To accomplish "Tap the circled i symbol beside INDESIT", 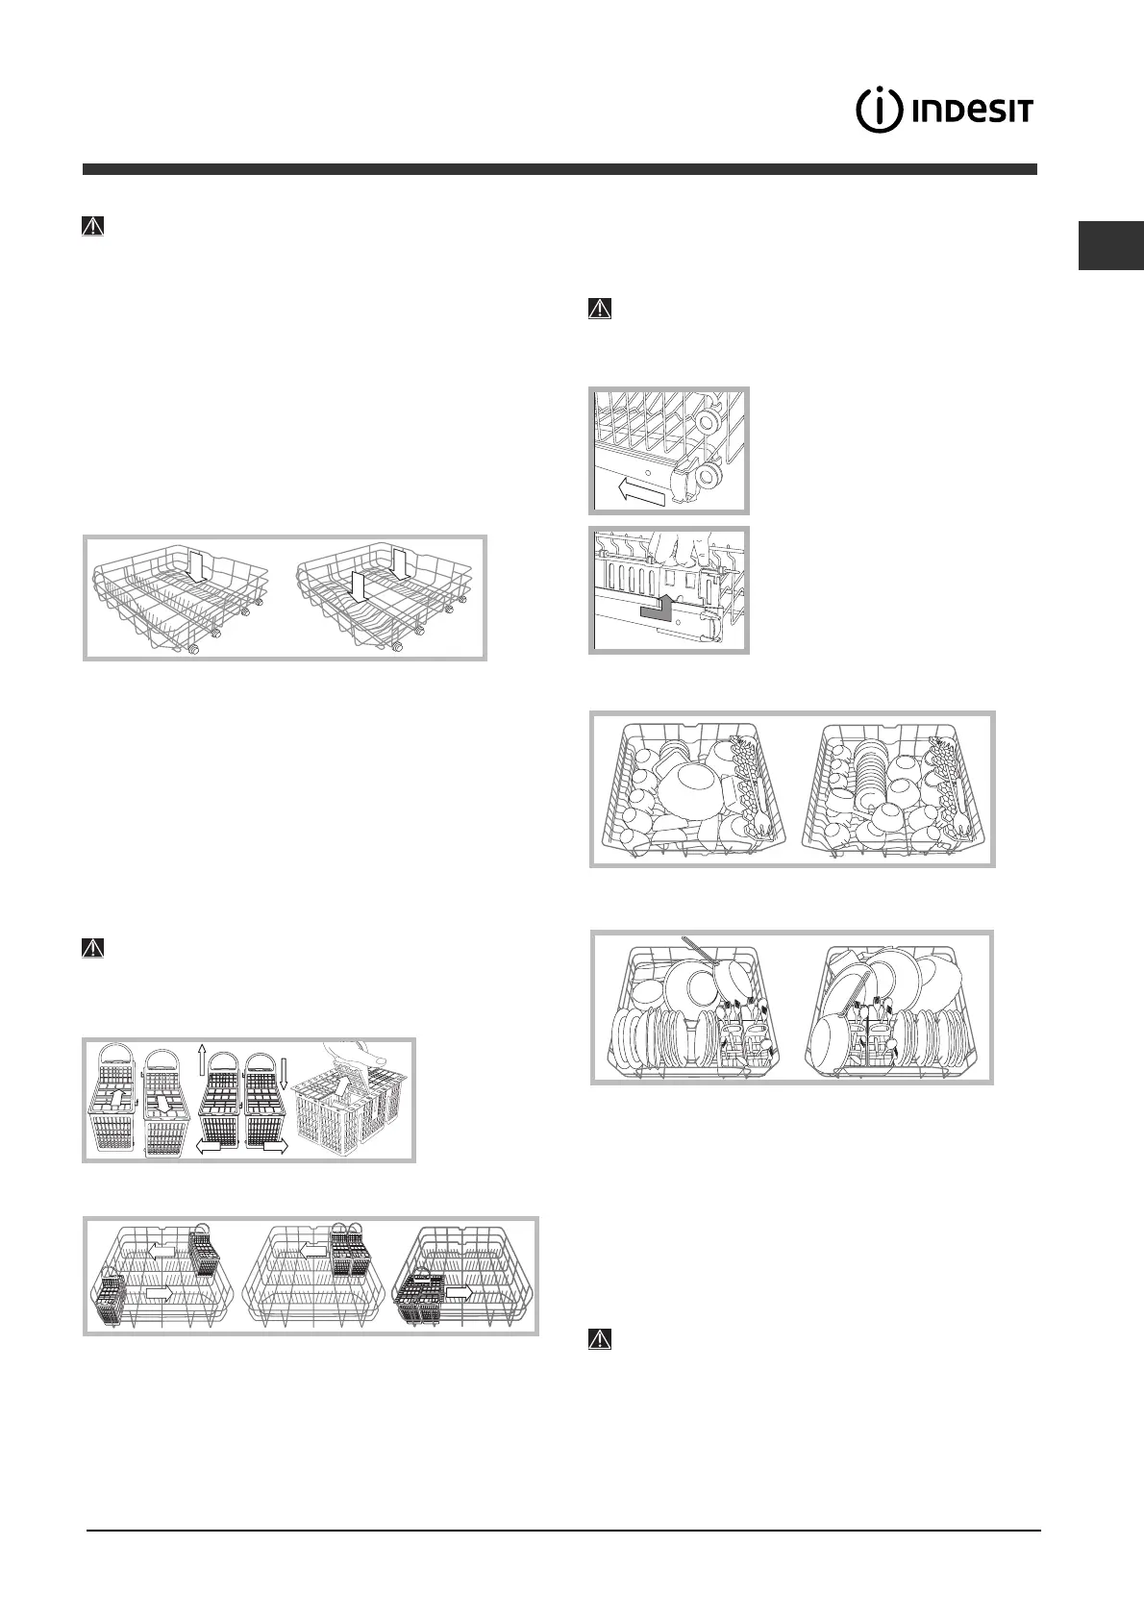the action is click(879, 112).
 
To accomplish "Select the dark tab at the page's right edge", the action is click(1111, 246).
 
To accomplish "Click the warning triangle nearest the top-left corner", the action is click(92, 227).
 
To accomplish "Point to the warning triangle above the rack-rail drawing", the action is click(599, 309).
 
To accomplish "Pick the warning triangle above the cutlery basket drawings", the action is click(92, 947).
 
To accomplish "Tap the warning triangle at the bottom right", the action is click(599, 1338).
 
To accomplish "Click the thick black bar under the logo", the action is click(560, 169).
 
